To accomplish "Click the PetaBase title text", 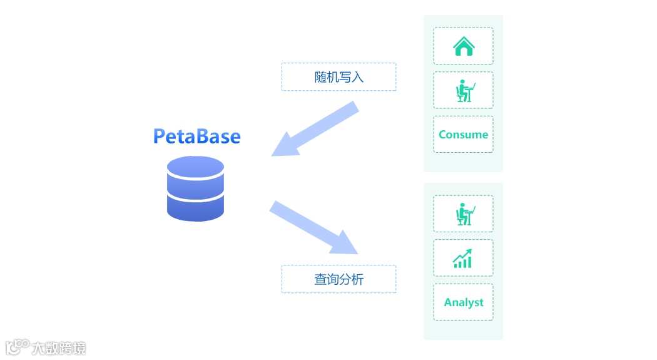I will (196, 136).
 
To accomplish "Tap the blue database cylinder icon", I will (195, 188).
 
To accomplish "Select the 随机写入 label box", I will (339, 77).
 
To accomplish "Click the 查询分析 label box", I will (339, 279).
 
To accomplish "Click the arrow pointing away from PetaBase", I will (313, 227).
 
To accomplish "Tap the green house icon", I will (463, 46).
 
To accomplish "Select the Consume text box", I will (463, 135).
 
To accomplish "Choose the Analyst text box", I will (463, 302).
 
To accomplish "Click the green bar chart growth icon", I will (463, 259).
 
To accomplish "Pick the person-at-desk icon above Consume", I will (464, 91).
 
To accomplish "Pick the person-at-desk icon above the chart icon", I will (464, 214).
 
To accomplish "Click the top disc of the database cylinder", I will (195, 168).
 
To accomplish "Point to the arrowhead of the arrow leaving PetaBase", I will (345, 244).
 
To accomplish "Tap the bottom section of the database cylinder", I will (195, 208).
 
